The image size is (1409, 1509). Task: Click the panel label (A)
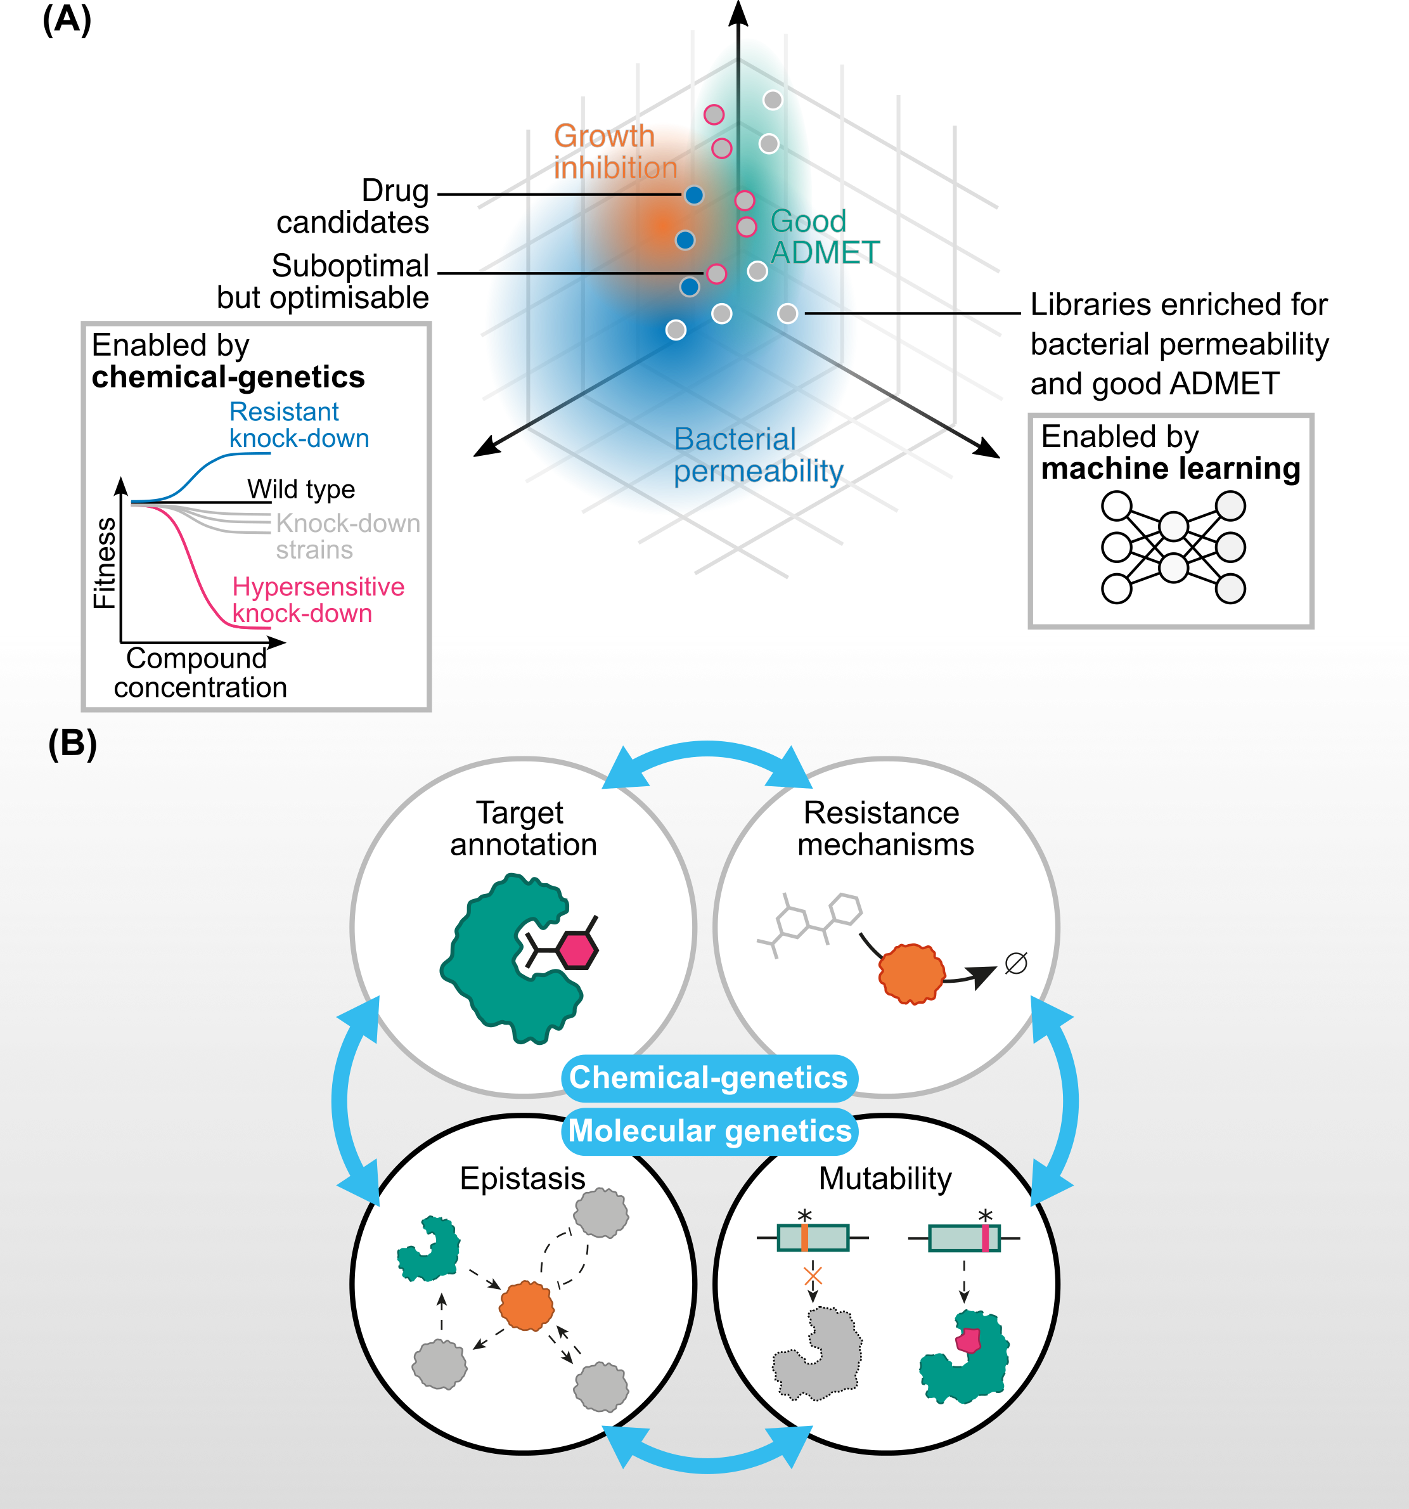click(67, 20)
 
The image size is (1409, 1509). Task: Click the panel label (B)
click(72, 743)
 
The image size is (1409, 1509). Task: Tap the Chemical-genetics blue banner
click(709, 1077)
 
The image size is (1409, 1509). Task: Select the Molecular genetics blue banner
click(709, 1131)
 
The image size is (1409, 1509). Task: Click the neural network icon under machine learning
click(1173, 547)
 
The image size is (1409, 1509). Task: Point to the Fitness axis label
click(105, 562)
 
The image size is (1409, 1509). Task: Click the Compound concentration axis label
click(200, 673)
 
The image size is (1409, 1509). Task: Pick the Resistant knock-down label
click(298, 425)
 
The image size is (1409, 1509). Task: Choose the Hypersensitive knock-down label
click(317, 600)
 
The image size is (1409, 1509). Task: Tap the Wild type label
click(300, 489)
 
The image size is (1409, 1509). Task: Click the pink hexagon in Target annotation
click(577, 950)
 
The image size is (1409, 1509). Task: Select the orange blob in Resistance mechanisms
click(911, 973)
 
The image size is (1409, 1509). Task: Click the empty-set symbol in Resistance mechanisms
click(1015, 963)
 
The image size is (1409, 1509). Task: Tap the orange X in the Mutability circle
click(813, 1275)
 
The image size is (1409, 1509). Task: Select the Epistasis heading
click(522, 1178)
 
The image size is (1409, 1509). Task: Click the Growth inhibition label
click(615, 152)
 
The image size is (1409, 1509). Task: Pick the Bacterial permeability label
click(757, 455)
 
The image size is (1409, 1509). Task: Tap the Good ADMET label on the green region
click(824, 237)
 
